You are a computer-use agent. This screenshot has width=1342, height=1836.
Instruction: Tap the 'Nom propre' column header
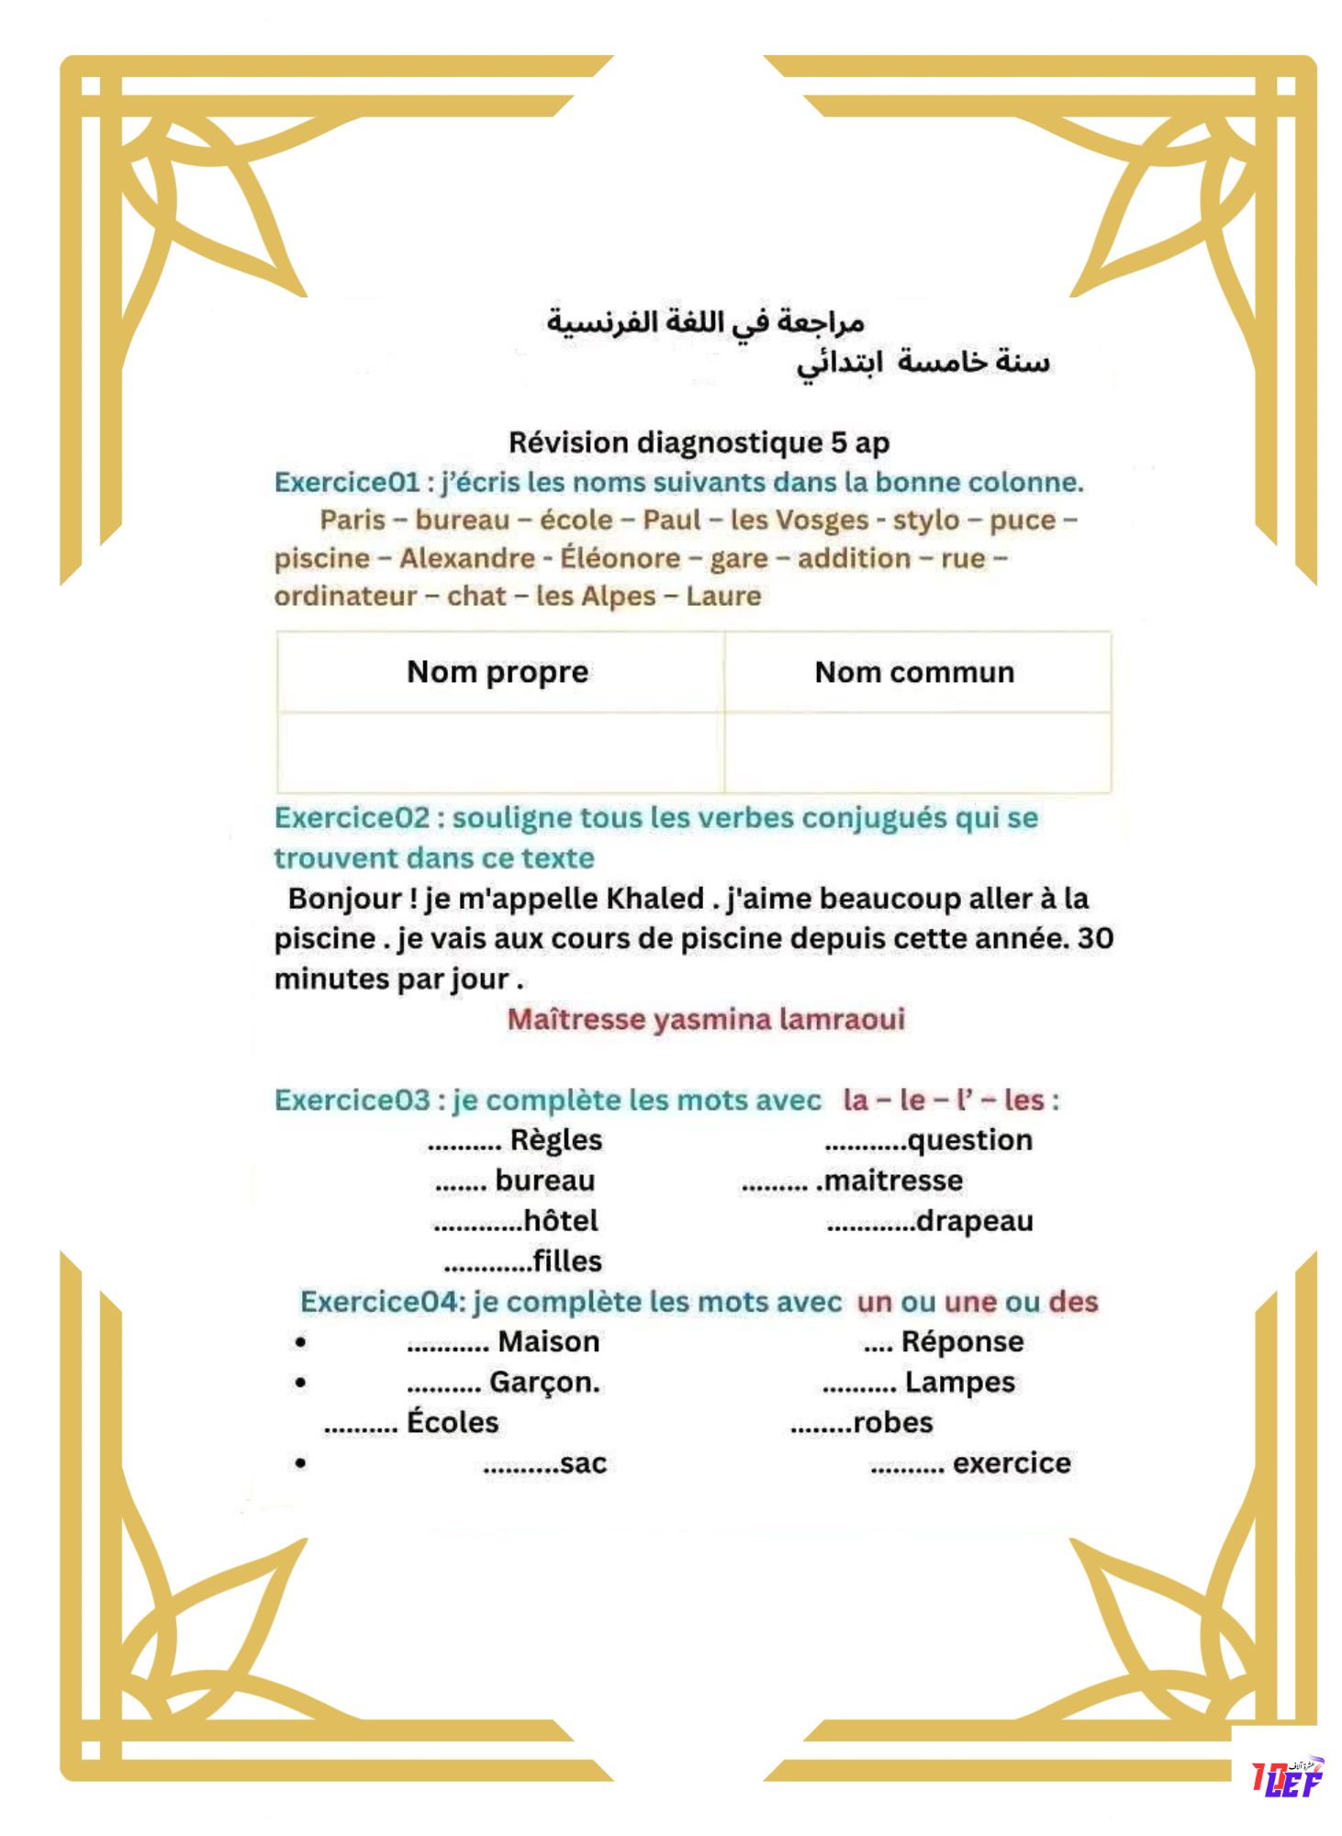click(x=498, y=672)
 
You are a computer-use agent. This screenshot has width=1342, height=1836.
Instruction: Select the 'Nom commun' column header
click(x=914, y=672)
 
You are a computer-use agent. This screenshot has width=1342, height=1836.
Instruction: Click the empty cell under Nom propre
click(x=500, y=752)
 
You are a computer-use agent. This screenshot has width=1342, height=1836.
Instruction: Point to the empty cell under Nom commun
click(x=917, y=752)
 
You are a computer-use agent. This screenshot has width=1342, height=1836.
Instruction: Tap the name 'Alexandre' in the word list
click(x=466, y=558)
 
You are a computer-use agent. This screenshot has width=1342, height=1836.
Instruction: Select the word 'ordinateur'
click(x=345, y=596)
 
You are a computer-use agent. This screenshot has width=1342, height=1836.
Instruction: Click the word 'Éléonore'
click(x=621, y=558)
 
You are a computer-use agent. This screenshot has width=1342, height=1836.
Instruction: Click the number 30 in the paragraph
click(x=1095, y=938)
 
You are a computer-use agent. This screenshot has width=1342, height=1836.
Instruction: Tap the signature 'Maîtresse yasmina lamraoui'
click(x=706, y=1019)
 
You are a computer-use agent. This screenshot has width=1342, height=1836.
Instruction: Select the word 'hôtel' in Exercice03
click(x=560, y=1221)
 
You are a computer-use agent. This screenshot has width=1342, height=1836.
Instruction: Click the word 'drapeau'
click(x=975, y=1221)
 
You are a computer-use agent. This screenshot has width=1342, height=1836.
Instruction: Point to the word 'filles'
click(x=567, y=1261)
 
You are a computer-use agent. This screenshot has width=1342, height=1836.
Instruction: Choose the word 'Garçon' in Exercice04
click(x=542, y=1383)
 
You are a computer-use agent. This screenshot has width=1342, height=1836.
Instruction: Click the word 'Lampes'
click(x=960, y=1383)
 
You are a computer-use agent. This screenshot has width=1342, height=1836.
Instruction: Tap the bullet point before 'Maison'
click(x=300, y=1343)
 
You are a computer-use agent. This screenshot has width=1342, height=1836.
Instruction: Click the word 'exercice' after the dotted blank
click(x=1012, y=1463)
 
